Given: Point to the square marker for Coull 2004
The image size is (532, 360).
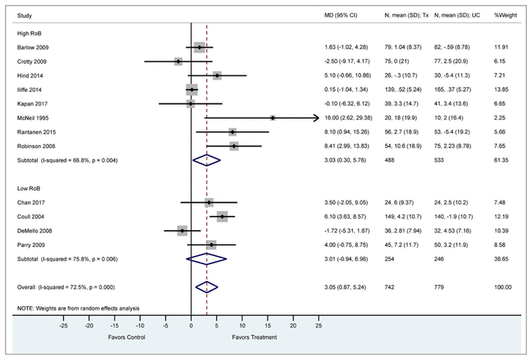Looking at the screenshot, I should pyautogui.click(x=222, y=217).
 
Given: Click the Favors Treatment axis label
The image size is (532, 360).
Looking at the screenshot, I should pyautogui.click(x=252, y=336).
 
